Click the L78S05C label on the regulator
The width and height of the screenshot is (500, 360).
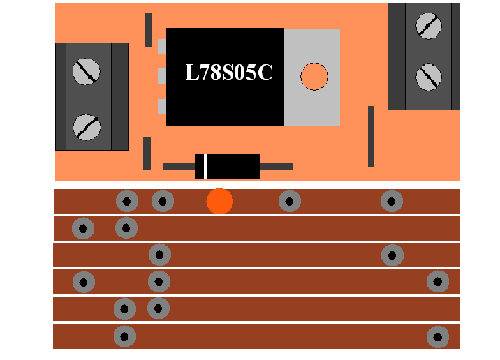click(x=228, y=73)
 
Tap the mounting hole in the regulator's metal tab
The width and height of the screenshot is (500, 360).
click(x=314, y=77)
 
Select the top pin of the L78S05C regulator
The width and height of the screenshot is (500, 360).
click(x=162, y=47)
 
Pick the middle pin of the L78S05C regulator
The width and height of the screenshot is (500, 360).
click(x=162, y=77)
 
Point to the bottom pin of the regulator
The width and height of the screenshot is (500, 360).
click(x=162, y=107)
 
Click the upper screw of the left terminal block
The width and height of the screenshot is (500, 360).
click(x=87, y=71)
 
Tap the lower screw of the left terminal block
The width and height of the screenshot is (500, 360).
click(x=87, y=126)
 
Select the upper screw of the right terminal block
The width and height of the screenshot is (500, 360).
click(x=429, y=26)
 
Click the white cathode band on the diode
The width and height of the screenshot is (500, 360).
click(x=205, y=167)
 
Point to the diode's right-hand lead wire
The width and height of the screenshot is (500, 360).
click(x=276, y=167)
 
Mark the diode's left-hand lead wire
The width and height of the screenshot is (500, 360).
click(x=179, y=167)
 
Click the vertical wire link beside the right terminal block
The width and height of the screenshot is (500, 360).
click(x=371, y=137)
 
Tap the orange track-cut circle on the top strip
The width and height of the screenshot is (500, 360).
click(x=219, y=201)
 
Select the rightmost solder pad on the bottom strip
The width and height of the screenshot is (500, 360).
click(x=437, y=336)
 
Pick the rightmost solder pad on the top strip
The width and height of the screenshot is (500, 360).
click(x=392, y=201)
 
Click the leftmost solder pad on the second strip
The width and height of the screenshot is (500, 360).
click(x=83, y=228)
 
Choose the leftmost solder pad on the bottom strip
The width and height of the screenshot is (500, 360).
click(x=124, y=336)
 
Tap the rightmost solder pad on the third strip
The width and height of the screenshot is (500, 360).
click(x=392, y=255)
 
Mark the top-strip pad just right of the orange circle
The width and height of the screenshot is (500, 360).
click(x=290, y=201)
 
